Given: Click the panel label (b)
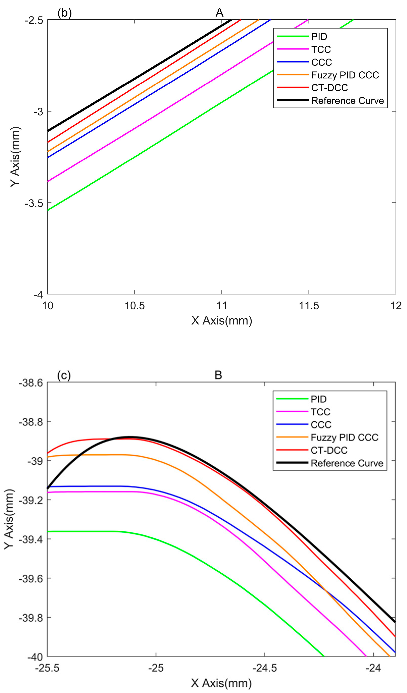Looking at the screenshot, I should [x=65, y=13].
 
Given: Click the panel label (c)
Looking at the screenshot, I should [x=64, y=375].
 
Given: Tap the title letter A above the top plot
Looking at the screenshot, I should [x=219, y=13].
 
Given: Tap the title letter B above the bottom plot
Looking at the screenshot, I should [x=218, y=375].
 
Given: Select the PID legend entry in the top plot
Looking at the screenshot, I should [x=319, y=37].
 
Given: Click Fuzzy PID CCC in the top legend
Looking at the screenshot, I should [x=345, y=75].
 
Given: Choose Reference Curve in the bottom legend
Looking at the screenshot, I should [x=347, y=463].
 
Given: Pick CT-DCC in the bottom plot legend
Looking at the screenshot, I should [x=329, y=450].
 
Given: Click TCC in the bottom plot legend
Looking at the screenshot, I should [x=321, y=412].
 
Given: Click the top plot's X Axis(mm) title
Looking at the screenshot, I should [x=221, y=321].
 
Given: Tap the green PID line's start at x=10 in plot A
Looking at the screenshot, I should [x=48, y=210].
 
